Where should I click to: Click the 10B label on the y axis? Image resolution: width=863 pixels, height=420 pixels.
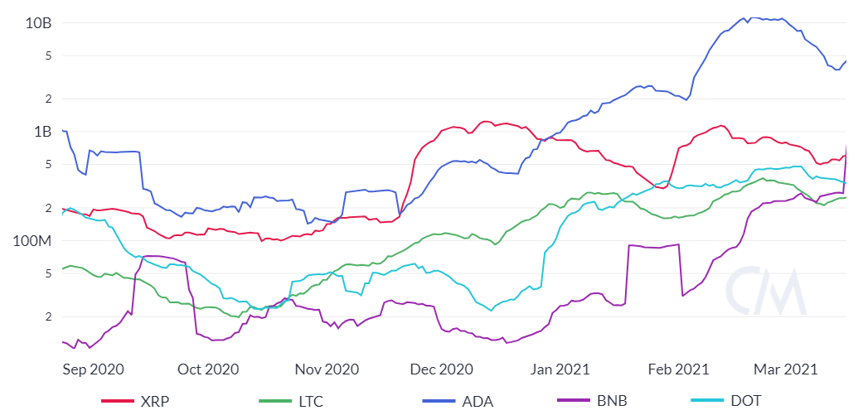(38, 22)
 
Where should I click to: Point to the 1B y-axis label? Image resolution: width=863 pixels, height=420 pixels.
(41, 132)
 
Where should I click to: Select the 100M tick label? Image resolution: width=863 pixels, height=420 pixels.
(32, 241)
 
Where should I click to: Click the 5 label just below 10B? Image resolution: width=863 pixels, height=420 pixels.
(49, 56)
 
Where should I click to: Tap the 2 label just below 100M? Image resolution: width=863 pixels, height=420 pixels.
(49, 316)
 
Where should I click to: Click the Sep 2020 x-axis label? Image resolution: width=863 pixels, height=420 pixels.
(94, 369)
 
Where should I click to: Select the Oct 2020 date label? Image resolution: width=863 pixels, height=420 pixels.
(209, 369)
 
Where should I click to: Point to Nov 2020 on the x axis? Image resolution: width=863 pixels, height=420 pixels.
(327, 369)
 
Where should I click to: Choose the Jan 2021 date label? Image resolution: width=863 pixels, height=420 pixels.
(560, 369)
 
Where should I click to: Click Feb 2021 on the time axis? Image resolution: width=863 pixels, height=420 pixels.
(679, 369)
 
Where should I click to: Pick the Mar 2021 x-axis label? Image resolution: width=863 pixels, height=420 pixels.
(785, 369)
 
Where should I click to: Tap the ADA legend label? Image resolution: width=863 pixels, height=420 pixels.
(477, 402)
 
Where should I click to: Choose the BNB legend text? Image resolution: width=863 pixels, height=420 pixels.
(612, 402)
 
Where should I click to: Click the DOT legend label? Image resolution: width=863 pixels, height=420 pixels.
(745, 402)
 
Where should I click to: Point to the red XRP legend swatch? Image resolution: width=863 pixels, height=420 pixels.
(118, 402)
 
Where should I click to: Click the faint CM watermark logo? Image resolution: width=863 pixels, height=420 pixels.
(765, 291)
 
